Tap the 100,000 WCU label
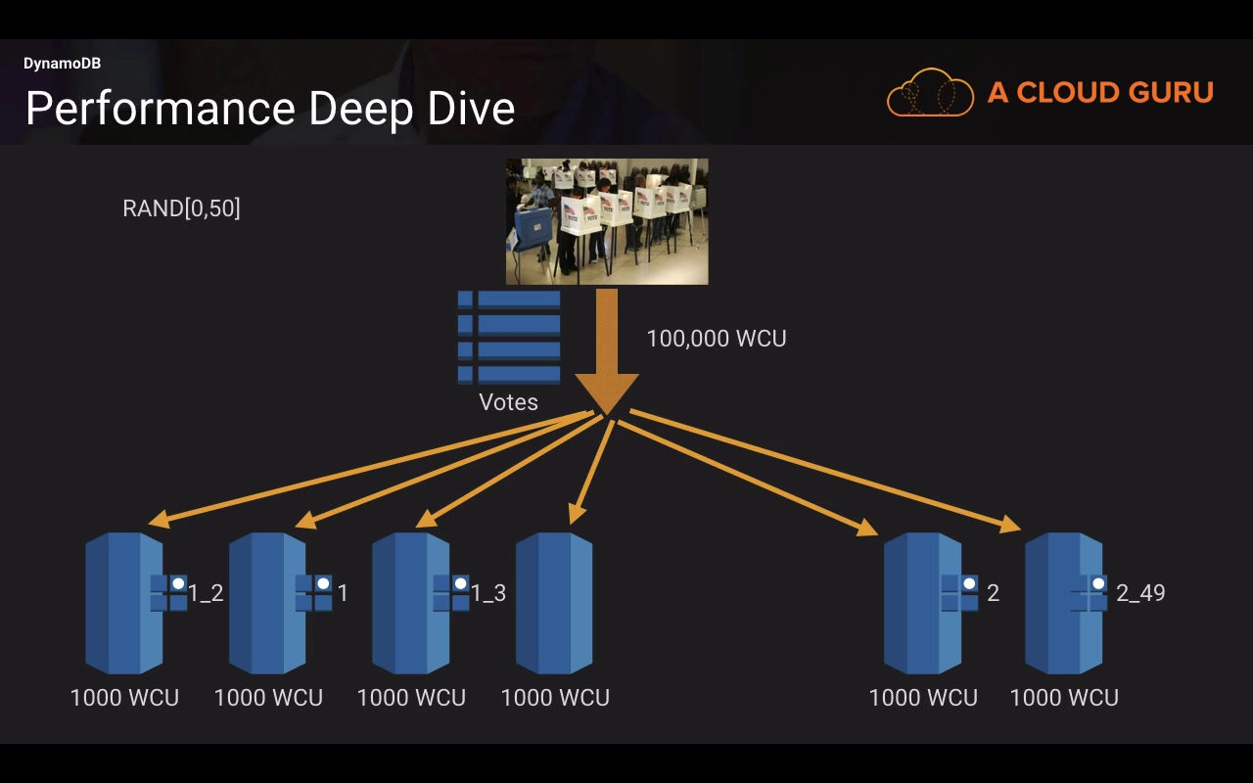(x=717, y=339)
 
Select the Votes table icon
(x=509, y=338)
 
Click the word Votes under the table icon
(x=508, y=402)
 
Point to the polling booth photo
(x=607, y=221)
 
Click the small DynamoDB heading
(x=62, y=64)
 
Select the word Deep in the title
(x=362, y=110)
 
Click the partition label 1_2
(x=206, y=593)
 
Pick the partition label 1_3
(x=488, y=593)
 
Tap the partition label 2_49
(x=1140, y=593)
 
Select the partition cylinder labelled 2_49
(x=1063, y=603)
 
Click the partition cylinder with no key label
(x=554, y=603)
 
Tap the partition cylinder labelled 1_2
(x=124, y=603)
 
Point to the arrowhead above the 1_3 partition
(x=427, y=519)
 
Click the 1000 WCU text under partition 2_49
(x=1064, y=698)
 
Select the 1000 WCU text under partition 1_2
(x=124, y=698)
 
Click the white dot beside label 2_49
(x=1098, y=584)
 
